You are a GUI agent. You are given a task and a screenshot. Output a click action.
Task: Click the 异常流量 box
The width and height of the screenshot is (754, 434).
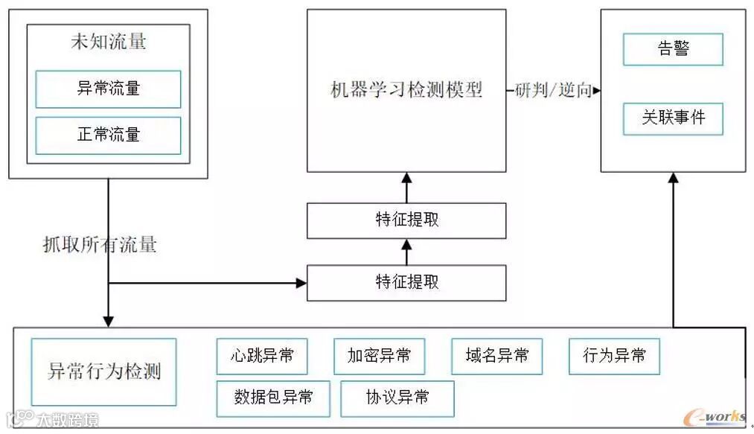pyautogui.click(x=108, y=89)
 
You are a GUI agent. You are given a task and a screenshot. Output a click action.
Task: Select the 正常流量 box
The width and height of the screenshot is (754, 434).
pyautogui.click(x=108, y=135)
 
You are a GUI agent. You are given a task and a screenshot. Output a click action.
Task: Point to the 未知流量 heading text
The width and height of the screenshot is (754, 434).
pyautogui.click(x=108, y=42)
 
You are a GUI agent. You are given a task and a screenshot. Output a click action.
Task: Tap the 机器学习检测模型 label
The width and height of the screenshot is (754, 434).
pyautogui.click(x=406, y=90)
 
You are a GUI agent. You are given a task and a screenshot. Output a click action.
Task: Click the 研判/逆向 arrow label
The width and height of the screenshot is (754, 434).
pyautogui.click(x=553, y=90)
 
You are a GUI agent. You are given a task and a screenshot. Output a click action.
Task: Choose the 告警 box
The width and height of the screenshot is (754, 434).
pyautogui.click(x=673, y=49)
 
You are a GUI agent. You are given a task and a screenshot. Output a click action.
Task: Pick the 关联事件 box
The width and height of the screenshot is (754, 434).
pyautogui.click(x=673, y=118)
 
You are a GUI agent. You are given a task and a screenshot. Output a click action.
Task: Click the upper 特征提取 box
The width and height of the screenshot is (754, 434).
pyautogui.click(x=406, y=220)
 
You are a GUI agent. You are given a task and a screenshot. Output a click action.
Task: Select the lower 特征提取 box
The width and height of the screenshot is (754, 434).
pyautogui.click(x=406, y=283)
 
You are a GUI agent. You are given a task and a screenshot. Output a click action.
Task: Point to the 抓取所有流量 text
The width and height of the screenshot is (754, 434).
pyautogui.click(x=100, y=244)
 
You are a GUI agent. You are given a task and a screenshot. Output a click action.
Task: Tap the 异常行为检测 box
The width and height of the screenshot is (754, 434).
pyautogui.click(x=103, y=371)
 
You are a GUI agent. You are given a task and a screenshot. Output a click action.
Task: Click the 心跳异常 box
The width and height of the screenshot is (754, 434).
pyautogui.click(x=262, y=357)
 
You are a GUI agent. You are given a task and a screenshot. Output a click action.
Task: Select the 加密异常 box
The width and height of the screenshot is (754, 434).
pyautogui.click(x=379, y=357)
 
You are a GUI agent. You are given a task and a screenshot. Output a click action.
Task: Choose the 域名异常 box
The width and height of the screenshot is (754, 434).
pyautogui.click(x=496, y=357)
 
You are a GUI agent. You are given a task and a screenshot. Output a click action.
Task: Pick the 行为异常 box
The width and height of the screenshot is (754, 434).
pyautogui.click(x=614, y=357)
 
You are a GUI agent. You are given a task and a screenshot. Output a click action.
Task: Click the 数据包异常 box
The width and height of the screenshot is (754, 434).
pyautogui.click(x=273, y=398)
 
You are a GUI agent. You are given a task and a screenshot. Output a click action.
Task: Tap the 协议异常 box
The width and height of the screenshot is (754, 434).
pyautogui.click(x=397, y=398)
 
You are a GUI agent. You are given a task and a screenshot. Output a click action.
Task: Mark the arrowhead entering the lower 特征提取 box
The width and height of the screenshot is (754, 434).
pyautogui.click(x=301, y=283)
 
